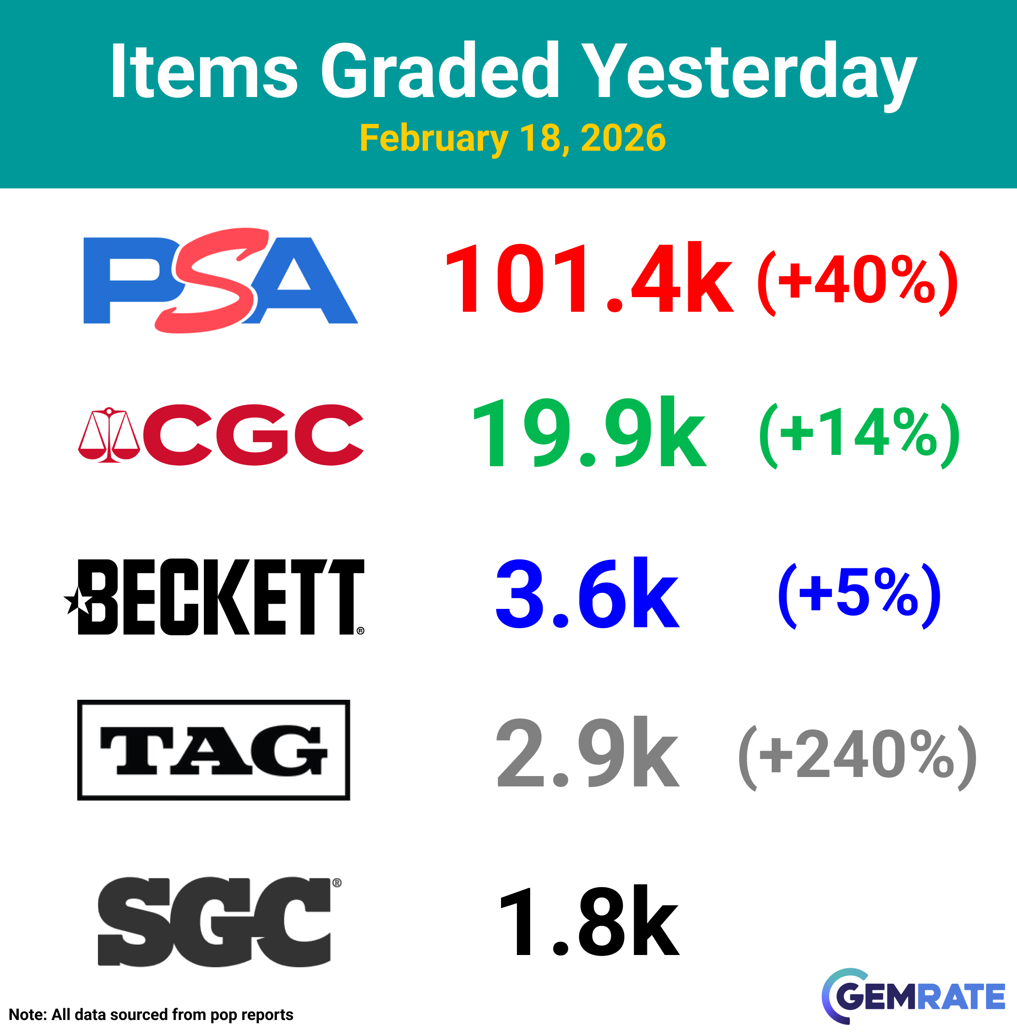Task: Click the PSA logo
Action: pyautogui.click(x=221, y=281)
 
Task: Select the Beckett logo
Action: pyautogui.click(x=214, y=597)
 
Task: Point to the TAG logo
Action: pyautogui.click(x=214, y=750)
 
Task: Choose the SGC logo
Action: pyautogui.click(x=219, y=921)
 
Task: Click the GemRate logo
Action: pyautogui.click(x=913, y=996)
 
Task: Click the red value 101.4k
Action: pyautogui.click(x=589, y=278)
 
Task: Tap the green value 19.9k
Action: pyautogui.click(x=589, y=432)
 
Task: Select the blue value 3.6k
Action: pyautogui.click(x=588, y=592)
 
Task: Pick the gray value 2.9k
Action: pyautogui.click(x=588, y=751)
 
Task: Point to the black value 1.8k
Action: pyautogui.click(x=589, y=920)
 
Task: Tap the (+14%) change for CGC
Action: pyautogui.click(x=859, y=436)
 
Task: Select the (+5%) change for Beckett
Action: pyautogui.click(x=859, y=596)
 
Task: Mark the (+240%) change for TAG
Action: pyautogui.click(x=857, y=758)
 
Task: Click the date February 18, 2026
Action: pyautogui.click(x=513, y=138)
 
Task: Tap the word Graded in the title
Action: pyautogui.click(x=440, y=71)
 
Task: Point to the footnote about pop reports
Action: pyautogui.click(x=151, y=1014)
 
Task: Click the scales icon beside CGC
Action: pyautogui.click(x=109, y=435)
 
